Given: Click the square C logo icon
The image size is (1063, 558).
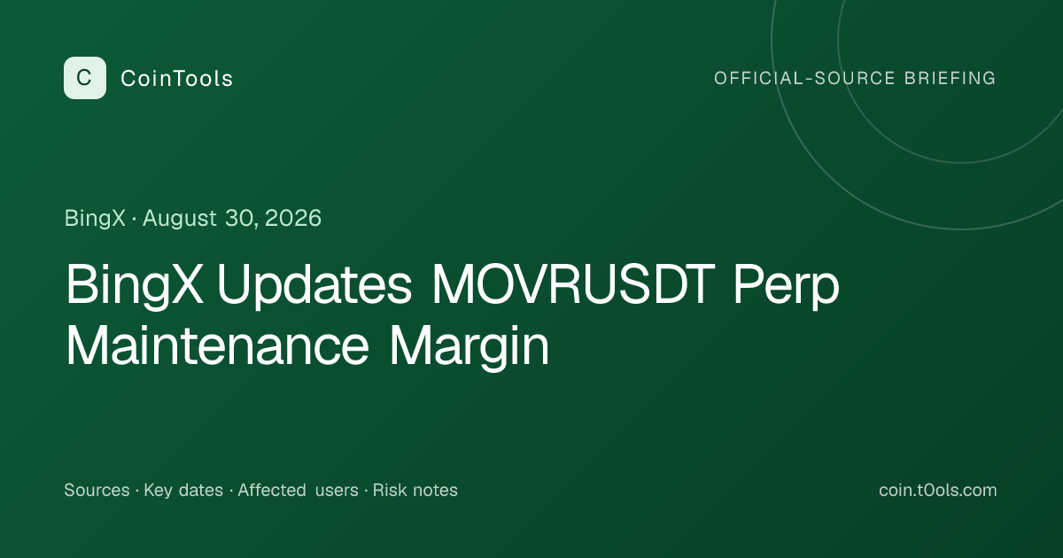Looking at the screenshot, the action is (x=85, y=78).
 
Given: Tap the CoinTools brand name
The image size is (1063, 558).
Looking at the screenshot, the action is (x=176, y=78).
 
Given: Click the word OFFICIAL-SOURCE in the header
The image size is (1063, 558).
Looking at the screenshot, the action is (x=804, y=78).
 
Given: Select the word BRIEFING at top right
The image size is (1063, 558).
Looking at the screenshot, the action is (x=950, y=78).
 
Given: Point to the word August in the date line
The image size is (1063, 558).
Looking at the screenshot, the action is (x=180, y=219).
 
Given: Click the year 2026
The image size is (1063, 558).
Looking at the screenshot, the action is (x=293, y=218).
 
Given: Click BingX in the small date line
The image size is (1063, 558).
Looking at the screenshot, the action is (x=95, y=219).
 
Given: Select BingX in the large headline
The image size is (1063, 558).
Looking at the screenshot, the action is (x=135, y=285).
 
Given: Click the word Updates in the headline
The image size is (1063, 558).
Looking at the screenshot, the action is (x=314, y=285).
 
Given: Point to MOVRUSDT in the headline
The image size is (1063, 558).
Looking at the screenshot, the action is (x=573, y=283).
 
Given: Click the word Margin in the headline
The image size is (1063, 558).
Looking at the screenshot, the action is (x=469, y=347).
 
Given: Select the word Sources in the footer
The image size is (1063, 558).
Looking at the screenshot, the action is (x=97, y=490).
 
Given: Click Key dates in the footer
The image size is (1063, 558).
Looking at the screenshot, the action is (x=183, y=490).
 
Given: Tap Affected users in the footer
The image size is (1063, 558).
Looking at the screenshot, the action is (x=298, y=490).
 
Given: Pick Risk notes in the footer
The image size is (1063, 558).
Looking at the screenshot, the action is (x=415, y=490).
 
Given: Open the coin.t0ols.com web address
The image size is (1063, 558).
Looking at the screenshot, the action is (x=938, y=490).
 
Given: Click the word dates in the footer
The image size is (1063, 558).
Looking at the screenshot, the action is (x=201, y=490).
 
